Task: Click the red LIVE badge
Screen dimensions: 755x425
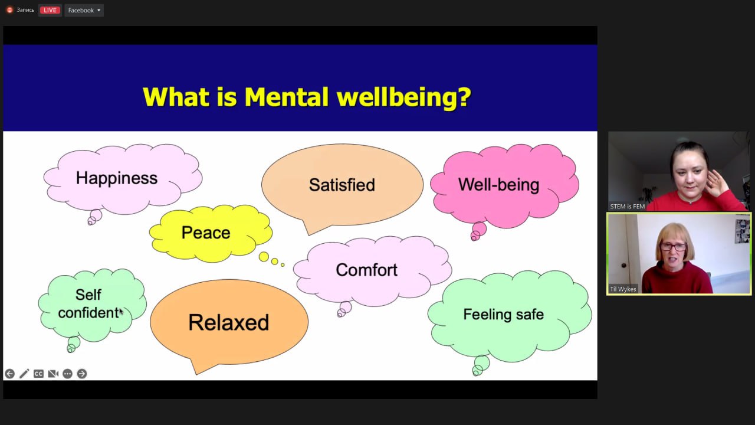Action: point(50,10)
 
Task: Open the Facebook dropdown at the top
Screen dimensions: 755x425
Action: point(84,10)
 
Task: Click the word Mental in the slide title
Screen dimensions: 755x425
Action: point(286,97)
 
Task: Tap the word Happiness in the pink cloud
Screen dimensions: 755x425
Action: point(117,178)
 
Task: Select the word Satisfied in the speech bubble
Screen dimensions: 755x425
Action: point(342,185)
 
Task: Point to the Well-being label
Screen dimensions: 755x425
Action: point(498,185)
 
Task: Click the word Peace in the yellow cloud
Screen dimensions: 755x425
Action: point(206,233)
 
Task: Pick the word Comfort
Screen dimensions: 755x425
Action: point(366,270)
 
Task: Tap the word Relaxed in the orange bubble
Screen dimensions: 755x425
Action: point(228,322)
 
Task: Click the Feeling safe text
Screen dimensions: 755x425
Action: point(503,315)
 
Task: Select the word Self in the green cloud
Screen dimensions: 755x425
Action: point(88,295)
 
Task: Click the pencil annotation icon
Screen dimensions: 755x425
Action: point(24,374)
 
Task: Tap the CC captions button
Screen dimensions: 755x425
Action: point(38,374)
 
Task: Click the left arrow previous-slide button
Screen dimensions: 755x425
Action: point(10,374)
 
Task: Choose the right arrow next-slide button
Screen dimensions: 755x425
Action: point(82,374)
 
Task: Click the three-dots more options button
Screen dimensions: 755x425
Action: point(67,374)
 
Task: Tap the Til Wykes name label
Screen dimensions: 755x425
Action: point(623,289)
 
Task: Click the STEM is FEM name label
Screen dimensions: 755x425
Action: point(627,207)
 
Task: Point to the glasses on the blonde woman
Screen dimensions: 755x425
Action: point(673,247)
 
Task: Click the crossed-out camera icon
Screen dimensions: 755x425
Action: point(53,374)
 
